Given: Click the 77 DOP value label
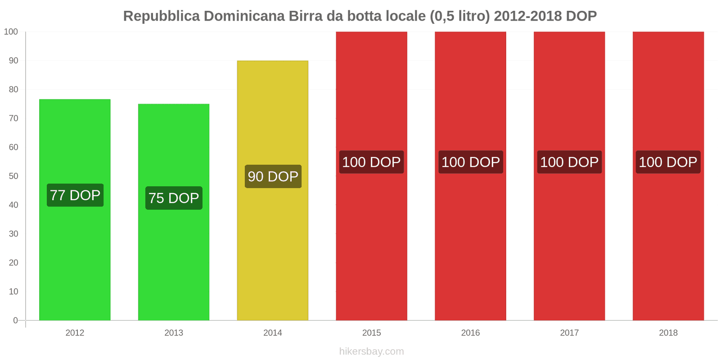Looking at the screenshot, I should click(75, 195).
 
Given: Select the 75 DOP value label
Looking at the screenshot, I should click(174, 198).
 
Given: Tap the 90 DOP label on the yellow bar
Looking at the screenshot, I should click(273, 176).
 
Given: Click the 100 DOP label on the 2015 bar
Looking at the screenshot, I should click(371, 162).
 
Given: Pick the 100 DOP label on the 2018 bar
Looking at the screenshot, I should click(668, 162).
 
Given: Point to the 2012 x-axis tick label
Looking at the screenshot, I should click(75, 333).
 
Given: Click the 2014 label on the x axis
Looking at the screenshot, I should click(273, 333).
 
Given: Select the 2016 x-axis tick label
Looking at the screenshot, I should click(470, 333).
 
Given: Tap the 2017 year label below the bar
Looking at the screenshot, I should click(569, 333).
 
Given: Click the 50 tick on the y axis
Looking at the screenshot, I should click(13, 176).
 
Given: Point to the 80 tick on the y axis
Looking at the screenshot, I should click(13, 90).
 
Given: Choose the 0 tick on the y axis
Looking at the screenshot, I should click(16, 320).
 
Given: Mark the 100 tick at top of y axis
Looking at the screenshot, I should click(11, 32).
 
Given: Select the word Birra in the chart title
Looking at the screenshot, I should click(305, 16).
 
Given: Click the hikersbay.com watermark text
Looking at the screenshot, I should click(371, 351).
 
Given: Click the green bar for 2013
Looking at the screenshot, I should click(174, 261).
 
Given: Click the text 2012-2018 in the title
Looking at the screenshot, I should click(527, 16).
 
